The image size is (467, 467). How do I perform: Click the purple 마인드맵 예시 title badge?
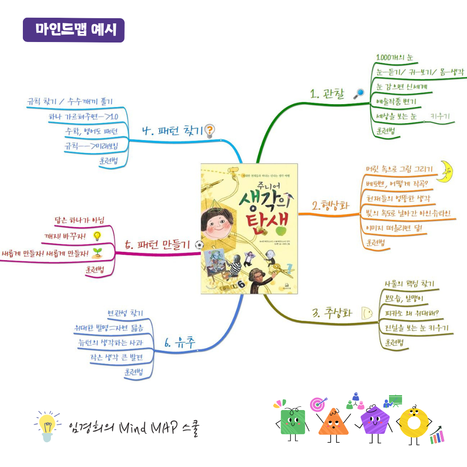tap(73, 30)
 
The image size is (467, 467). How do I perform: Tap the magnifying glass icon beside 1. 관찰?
tap(359, 94)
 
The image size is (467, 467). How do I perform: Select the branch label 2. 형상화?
tap(331, 206)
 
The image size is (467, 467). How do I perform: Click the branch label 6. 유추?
tap(180, 344)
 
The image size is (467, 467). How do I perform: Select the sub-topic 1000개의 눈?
tap(395, 58)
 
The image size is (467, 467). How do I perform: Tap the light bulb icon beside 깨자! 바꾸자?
tap(97, 236)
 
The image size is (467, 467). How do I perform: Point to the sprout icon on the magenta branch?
tap(98, 253)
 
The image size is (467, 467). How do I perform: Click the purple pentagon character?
tap(374, 420)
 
